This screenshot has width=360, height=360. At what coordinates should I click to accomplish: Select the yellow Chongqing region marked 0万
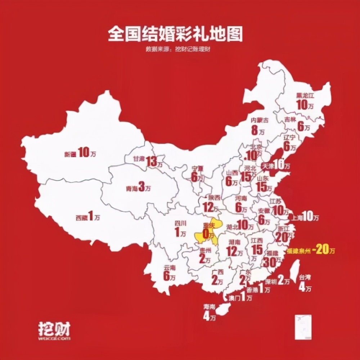207,232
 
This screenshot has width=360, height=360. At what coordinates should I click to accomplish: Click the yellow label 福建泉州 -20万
309,251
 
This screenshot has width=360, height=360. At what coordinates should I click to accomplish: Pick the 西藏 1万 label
87,217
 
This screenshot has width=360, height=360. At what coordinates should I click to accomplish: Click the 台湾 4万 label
305,283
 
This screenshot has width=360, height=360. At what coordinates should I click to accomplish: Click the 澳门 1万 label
240,298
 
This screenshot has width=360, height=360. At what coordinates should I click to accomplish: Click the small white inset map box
303,327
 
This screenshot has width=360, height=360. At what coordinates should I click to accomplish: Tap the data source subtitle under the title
178,49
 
